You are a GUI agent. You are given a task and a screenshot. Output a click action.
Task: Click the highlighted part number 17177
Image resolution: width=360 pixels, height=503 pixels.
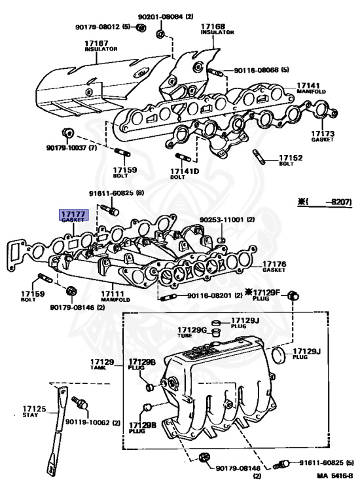[x=73, y=214]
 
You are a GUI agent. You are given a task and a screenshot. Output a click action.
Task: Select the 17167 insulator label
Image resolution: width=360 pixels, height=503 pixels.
[x=101, y=46]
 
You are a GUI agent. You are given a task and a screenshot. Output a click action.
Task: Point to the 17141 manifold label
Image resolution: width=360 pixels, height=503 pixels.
[x=311, y=88]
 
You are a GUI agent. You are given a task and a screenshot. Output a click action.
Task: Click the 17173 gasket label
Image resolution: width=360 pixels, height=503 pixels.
[x=323, y=136]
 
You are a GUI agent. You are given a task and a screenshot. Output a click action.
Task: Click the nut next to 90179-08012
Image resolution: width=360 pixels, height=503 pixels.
[x=141, y=28]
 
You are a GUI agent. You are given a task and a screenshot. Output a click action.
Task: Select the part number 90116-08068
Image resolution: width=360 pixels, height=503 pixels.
[x=256, y=69]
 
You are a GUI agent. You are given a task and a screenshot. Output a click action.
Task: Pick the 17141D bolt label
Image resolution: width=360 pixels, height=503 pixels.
[x=184, y=174]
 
